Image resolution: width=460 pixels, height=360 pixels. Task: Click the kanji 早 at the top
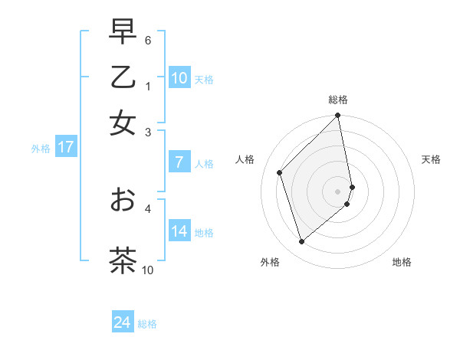(123, 32)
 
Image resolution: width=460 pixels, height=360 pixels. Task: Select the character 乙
(123, 77)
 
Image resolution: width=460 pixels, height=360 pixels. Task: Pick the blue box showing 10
(179, 78)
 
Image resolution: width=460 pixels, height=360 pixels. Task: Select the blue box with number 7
(179, 162)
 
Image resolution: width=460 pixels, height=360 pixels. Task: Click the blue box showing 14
(179, 231)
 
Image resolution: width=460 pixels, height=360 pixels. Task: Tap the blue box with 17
(66, 147)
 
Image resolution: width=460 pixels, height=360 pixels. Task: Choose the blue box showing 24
(122, 323)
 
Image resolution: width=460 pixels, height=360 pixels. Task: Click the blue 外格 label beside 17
(41, 149)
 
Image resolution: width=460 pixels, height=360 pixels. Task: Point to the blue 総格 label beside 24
(147, 325)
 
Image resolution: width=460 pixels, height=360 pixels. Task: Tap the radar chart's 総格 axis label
(338, 100)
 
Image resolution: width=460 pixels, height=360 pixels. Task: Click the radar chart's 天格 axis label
(431, 159)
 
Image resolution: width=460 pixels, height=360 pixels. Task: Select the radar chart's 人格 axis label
(245, 159)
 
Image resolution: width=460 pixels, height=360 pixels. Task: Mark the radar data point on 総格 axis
(338, 116)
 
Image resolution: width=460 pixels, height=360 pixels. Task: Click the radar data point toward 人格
(280, 172)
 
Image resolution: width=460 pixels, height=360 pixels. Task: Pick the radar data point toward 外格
(302, 242)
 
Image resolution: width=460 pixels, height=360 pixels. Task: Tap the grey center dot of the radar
(338, 191)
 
